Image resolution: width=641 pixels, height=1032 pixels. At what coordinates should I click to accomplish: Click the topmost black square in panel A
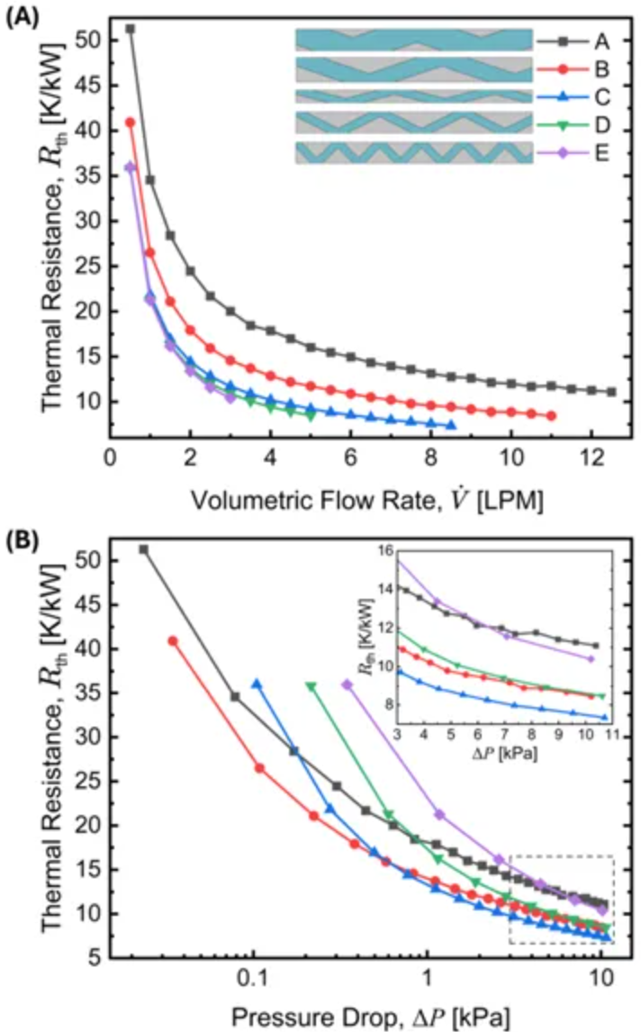coord(131,29)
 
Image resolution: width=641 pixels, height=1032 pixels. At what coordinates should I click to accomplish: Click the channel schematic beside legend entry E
coord(413,152)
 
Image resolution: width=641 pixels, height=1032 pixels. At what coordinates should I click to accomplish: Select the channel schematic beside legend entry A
coord(413,40)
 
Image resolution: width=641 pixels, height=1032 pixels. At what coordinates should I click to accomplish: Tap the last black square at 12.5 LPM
coord(611,392)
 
